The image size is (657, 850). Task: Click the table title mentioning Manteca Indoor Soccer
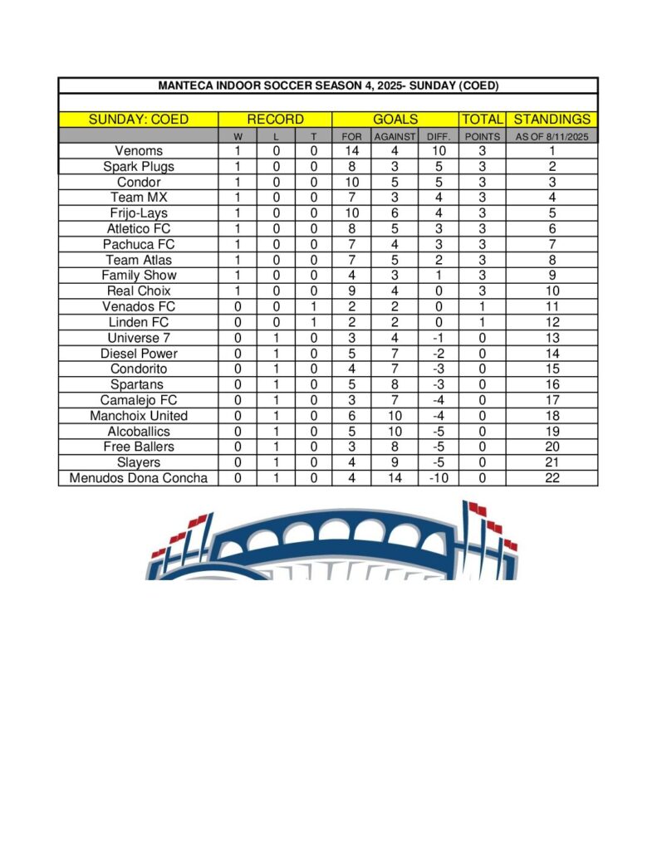coord(328,85)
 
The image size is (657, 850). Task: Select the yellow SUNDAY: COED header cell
coord(139,120)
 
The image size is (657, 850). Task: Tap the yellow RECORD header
coord(275,120)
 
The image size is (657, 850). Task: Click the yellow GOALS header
coord(395,120)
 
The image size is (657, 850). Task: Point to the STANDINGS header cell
coord(552,120)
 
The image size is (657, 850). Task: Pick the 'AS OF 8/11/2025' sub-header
coord(552,136)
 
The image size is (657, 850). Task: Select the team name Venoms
coord(139,151)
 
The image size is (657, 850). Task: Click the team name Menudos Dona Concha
coord(139,478)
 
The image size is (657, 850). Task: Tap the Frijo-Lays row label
coord(139,213)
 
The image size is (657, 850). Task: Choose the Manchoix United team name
coord(139,416)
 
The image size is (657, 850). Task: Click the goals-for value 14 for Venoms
coord(352,151)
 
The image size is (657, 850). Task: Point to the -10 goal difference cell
coord(438,478)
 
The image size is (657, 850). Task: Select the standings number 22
coord(552,478)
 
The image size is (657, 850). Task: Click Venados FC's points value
coord(482,306)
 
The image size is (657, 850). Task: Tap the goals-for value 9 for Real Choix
coord(352,291)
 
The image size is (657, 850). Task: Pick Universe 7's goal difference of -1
coord(438,338)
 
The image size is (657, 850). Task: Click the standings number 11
coord(552,306)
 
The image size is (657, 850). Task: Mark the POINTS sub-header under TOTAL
coord(482,136)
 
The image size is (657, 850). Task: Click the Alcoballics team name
coord(139,432)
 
